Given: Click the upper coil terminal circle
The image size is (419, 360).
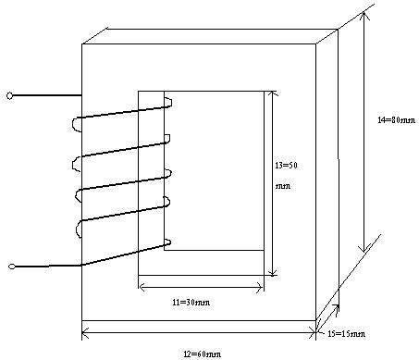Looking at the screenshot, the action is (x=9, y=96).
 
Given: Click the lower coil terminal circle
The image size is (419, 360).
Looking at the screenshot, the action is (x=12, y=267).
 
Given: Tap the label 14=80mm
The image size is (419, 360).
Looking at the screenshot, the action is (x=397, y=120).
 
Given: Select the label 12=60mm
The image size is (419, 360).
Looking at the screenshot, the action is (x=203, y=354).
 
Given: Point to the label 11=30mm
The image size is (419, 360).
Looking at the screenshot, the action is (x=191, y=303).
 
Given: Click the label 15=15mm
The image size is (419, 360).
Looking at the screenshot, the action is (x=346, y=334).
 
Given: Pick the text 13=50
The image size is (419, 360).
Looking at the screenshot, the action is (x=287, y=166).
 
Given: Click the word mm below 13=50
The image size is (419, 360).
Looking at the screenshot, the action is (x=283, y=186).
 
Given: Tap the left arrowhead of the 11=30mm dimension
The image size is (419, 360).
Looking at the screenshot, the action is (x=142, y=288).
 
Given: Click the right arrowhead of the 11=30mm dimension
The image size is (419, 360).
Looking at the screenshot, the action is (x=259, y=288).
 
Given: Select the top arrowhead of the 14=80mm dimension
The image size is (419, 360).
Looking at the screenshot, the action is (x=364, y=16).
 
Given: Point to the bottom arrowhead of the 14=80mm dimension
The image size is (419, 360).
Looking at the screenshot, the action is (x=364, y=249).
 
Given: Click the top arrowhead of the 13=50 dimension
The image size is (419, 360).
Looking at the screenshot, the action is (x=272, y=93).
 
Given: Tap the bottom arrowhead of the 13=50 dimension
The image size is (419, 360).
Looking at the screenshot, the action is (x=272, y=272).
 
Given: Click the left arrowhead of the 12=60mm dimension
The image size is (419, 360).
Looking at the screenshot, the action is (x=85, y=333).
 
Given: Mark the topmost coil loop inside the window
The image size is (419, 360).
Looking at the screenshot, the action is (x=169, y=102).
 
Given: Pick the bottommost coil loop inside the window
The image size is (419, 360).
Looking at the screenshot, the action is (x=168, y=243).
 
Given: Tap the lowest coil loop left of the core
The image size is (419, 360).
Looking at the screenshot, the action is (x=77, y=229).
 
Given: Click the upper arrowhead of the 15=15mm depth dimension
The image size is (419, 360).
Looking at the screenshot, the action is (x=336, y=308).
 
